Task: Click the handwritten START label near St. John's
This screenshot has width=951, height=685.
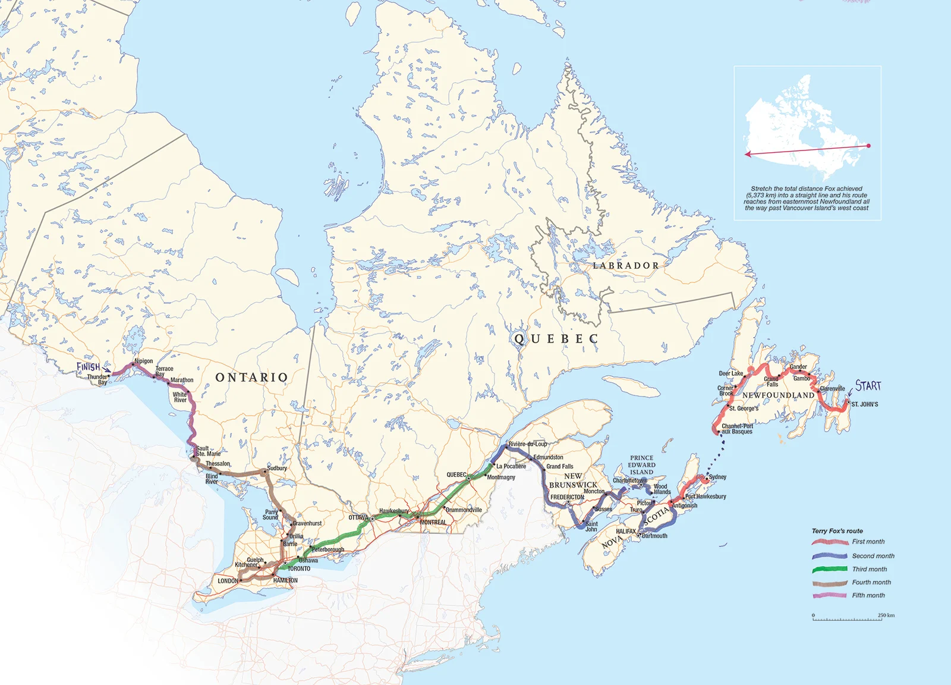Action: (x=868, y=385)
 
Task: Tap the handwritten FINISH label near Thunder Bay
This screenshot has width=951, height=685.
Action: (x=89, y=367)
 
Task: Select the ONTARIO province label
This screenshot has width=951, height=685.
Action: (x=251, y=378)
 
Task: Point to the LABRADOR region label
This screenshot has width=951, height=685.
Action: (x=626, y=266)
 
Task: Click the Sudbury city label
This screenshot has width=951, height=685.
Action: (x=277, y=468)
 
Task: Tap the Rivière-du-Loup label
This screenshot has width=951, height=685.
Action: (x=528, y=444)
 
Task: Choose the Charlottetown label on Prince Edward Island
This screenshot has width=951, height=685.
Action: (x=629, y=480)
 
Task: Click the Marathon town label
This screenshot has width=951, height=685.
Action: (x=182, y=380)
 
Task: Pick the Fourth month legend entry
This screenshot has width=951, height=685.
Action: (x=871, y=582)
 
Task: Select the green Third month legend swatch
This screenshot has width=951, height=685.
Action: (x=830, y=569)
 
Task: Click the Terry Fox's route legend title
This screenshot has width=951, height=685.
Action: (x=837, y=531)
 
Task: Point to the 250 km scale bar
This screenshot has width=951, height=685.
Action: (x=854, y=619)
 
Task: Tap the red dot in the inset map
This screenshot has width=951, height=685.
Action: (x=868, y=146)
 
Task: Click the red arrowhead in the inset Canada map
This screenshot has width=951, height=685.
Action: (x=748, y=154)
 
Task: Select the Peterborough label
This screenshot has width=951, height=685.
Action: (x=328, y=549)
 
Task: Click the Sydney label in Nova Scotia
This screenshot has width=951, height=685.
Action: (x=717, y=477)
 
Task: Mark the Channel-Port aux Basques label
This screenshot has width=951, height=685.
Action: (x=737, y=429)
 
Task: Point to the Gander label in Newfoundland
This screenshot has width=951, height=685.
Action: (x=798, y=367)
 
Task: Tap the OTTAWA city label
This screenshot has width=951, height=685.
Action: (x=358, y=518)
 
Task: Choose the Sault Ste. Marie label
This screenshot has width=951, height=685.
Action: (x=208, y=451)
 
